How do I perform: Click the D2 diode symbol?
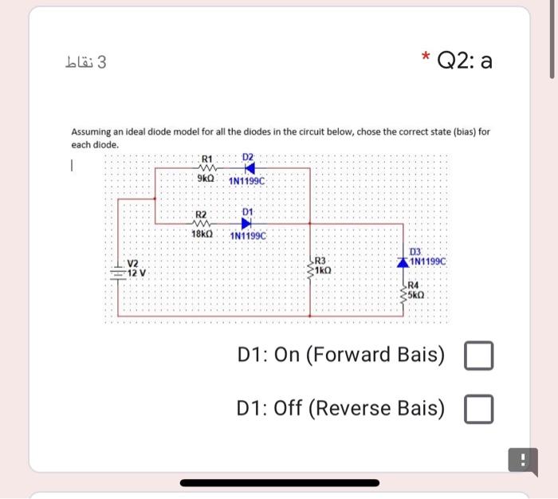[249, 169]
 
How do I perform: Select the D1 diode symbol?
[246, 223]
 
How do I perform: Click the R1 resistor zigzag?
[206, 169]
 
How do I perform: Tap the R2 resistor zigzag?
[202, 223]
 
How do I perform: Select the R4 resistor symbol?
[403, 293]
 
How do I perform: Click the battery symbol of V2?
[119, 269]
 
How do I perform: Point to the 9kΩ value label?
[206, 180]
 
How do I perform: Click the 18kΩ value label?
[202, 235]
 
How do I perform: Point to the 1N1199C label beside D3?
[431, 261]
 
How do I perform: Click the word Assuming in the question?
[93, 131]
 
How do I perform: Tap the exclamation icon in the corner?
[523, 460]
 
